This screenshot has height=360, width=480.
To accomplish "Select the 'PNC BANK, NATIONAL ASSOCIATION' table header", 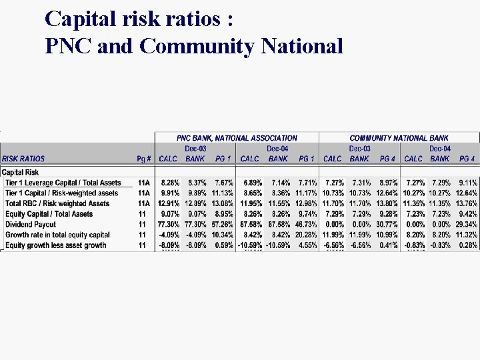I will tap(237, 138).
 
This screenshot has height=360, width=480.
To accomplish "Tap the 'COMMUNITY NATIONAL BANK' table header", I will tap(399, 138).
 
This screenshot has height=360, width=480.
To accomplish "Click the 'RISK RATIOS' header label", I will tap(23, 159).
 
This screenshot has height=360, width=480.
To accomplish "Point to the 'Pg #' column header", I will tap(143, 159).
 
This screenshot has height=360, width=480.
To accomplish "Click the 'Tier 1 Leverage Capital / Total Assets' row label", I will tap(63, 183).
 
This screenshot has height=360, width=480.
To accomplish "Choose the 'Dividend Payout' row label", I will tap(31, 225).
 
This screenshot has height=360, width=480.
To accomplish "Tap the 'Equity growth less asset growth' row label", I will tap(56, 245).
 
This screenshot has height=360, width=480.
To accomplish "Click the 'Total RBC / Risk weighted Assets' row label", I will tap(57, 203).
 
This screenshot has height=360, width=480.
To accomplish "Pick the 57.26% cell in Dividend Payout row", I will tap(222, 225).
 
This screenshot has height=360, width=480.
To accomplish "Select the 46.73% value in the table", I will tap(305, 225).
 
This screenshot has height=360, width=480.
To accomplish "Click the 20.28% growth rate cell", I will tap(305, 235).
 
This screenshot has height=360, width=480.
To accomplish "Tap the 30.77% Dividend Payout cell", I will tap(387, 225).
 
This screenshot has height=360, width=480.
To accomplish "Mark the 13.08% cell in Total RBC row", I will tap(222, 203).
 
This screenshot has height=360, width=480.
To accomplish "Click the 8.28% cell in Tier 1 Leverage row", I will tap(170, 183).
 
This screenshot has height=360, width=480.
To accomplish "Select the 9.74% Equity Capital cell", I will tap(307, 214).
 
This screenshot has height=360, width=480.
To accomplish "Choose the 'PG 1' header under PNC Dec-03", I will tap(223, 159).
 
